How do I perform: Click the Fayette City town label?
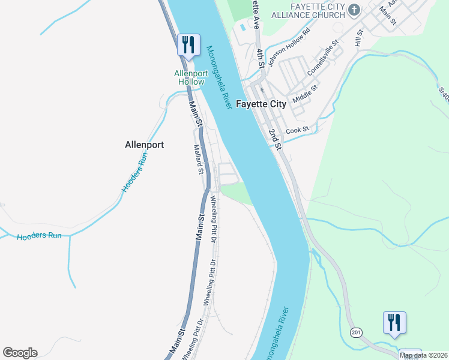coord(261,104)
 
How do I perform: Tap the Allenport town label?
coord(144,145)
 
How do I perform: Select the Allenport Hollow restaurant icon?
coord(188,45)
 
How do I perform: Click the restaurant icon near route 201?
coord(394,323)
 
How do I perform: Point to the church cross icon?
coord(354,10)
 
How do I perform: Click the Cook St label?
coord(297,130)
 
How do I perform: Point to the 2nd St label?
coord(275,139)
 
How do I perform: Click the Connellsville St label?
coord(324,58)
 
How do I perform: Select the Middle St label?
coord(306,93)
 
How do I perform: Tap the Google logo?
coord(20,353)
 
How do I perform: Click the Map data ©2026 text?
coord(424,355)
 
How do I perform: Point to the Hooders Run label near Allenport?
coord(134,172)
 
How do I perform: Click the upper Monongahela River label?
coord(218,77)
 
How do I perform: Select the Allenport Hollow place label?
coord(190,77)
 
